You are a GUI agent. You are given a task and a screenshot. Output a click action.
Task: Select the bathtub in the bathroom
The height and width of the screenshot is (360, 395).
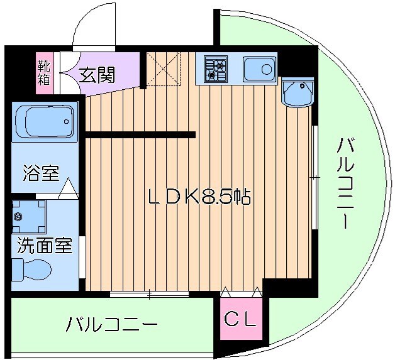coord(44,121)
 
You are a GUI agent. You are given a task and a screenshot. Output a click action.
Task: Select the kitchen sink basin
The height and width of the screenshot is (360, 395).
coord(259,67)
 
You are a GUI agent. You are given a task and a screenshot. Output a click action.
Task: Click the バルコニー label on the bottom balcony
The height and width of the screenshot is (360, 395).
coord(112,325)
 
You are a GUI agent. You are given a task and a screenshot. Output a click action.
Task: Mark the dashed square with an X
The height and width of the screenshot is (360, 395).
coord(163,69)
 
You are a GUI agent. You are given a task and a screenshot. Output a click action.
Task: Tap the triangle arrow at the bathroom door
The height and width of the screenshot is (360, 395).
coord(68,187)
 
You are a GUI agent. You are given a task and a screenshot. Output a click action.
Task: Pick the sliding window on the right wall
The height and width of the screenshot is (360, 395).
coord(314,178)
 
